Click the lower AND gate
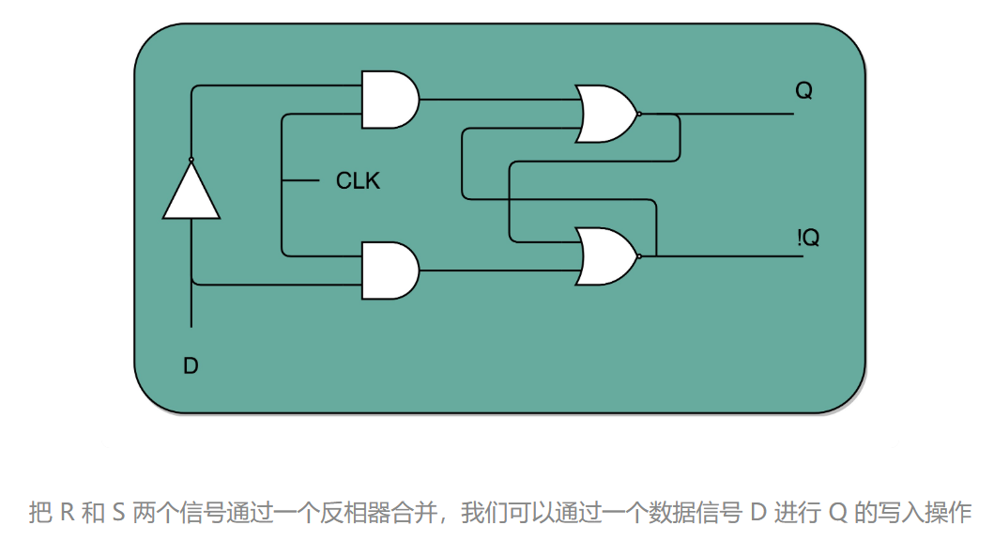(389, 270)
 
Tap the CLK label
(358, 180)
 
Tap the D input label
(191, 366)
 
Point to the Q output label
(803, 91)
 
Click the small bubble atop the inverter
(191, 160)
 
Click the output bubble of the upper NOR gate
(639, 114)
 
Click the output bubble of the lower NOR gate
(639, 255)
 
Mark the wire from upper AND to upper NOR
(497, 99)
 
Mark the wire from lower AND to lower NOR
(497, 271)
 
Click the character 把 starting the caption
(40, 513)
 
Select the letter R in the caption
(67, 513)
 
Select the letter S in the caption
(117, 513)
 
